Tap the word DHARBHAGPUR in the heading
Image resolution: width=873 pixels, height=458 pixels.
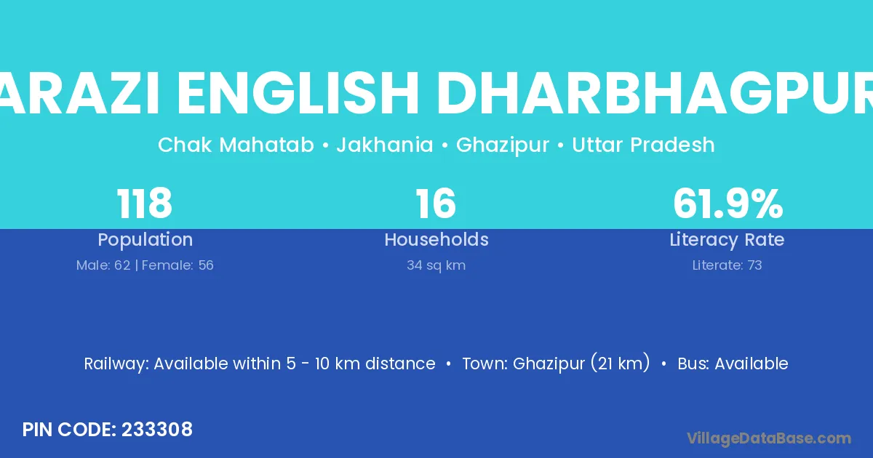[655, 94]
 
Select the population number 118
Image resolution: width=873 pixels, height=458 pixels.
[144, 204]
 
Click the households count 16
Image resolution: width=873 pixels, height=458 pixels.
[436, 204]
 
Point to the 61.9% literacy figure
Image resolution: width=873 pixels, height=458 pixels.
[727, 204]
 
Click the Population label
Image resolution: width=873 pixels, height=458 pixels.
[145, 240]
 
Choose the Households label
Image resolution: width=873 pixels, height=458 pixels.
[436, 239]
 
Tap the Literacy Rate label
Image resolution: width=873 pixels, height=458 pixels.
[727, 240]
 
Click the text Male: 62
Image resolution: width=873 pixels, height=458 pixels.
[103, 265]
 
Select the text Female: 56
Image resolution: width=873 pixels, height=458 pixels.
[178, 265]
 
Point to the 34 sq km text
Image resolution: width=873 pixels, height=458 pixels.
[436, 265]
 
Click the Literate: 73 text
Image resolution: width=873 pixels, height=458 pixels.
[727, 265]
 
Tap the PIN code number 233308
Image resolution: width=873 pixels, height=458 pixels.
[157, 430]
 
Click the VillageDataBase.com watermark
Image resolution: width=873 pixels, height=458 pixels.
[769, 438]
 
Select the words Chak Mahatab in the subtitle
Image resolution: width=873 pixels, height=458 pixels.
[236, 145]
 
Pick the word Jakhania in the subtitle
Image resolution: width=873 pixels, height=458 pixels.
[385, 145]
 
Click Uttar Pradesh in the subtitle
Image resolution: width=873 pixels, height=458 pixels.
[643, 145]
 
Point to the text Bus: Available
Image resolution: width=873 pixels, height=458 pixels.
[733, 363]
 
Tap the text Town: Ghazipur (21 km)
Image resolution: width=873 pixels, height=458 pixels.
[556, 363]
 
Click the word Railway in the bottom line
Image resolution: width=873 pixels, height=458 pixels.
[116, 364]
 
